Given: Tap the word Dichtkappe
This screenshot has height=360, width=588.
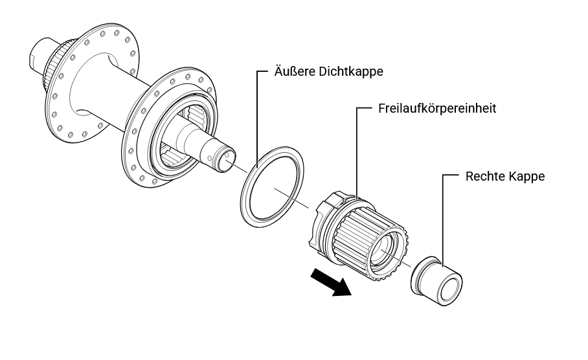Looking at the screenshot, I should [x=351, y=72].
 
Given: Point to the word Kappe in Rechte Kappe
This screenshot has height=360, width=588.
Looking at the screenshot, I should [x=528, y=176].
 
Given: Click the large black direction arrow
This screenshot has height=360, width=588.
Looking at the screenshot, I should [x=330, y=283].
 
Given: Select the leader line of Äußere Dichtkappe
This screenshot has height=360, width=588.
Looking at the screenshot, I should [x=257, y=117].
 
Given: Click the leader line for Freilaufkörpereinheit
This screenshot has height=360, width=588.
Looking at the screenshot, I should [x=357, y=149].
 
